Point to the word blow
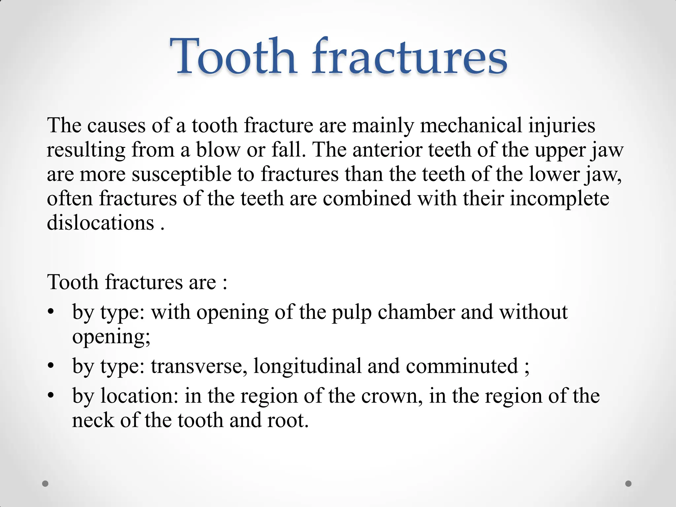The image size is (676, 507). tap(218, 150)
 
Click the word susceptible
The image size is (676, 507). tap(182, 174)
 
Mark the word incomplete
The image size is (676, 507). tap(559, 199)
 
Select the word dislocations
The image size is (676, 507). tap(100, 222)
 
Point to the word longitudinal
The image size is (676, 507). tap(307, 366)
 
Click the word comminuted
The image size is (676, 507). tap(462, 366)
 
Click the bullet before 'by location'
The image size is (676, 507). tap(50, 395)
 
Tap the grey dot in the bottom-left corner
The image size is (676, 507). tap(46, 484)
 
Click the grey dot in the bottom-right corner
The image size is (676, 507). tap(628, 484)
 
